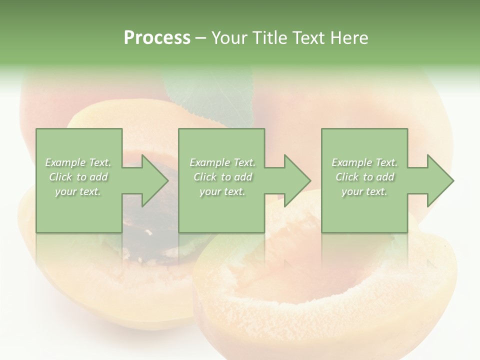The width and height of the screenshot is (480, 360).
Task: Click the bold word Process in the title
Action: [157, 38]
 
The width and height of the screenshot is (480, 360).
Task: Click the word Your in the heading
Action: [229, 38]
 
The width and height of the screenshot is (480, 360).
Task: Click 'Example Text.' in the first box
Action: [78, 162]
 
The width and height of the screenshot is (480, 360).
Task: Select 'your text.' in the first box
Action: [78, 191]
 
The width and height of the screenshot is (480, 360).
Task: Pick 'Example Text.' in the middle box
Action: [222, 162]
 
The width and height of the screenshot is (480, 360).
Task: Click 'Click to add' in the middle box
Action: [222, 177]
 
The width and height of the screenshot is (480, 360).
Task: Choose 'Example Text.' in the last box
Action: [364, 162]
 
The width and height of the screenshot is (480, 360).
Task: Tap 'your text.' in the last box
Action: [364, 191]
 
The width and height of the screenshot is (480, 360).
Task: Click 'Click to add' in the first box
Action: [78, 177]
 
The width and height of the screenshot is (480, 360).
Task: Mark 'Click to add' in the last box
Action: [364, 177]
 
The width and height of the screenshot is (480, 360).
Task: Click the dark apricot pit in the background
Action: [150, 220]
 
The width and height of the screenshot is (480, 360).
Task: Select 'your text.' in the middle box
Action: [222, 191]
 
